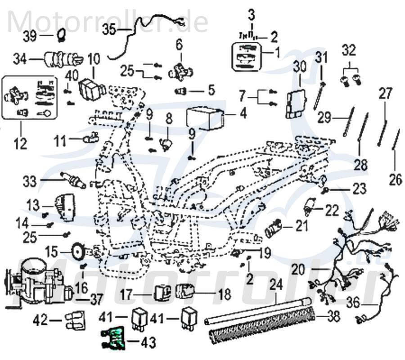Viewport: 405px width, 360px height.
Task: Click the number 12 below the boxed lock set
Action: click(x=20, y=144)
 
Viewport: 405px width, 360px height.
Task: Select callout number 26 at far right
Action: click(x=395, y=180)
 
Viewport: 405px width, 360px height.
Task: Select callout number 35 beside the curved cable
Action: click(x=109, y=30)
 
